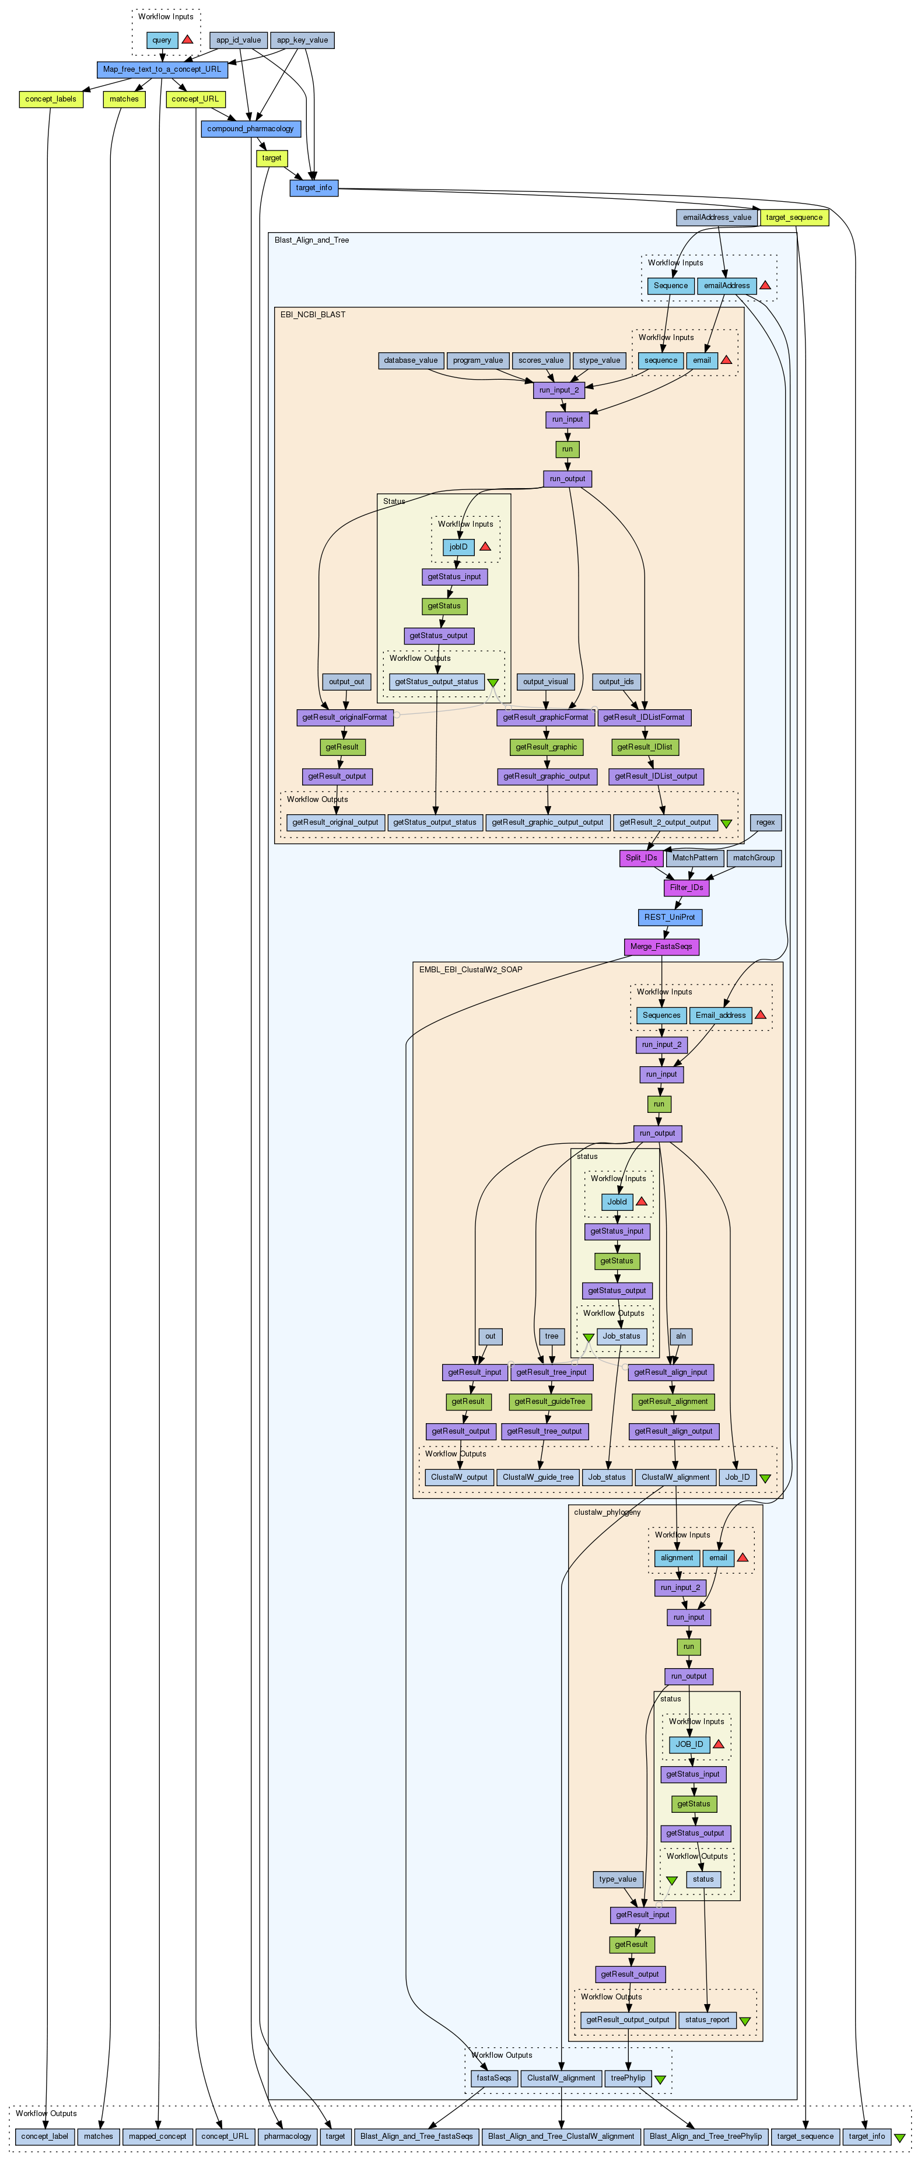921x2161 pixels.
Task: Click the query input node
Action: point(162,40)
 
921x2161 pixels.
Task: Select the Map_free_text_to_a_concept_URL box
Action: point(162,69)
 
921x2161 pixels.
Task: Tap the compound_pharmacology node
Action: point(250,128)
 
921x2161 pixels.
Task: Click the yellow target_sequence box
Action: point(793,218)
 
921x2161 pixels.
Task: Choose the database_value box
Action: point(410,360)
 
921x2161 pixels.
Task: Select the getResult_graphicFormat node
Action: point(545,717)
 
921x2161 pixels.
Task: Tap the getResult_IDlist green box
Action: point(644,747)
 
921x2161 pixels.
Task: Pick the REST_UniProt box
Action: point(668,917)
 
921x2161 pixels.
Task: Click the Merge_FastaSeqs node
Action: point(661,946)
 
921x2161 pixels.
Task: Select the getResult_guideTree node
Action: point(549,1401)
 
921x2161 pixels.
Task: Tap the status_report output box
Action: point(706,2019)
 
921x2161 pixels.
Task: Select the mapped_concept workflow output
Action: point(157,2136)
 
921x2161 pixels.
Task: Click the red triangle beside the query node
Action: point(187,40)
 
